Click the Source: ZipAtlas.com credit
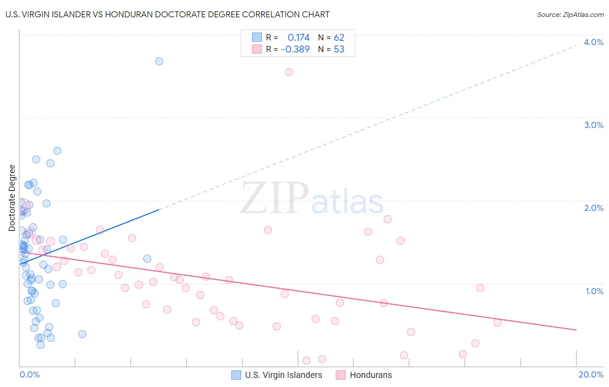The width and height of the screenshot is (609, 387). (570, 15)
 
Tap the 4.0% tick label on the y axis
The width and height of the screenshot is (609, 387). (593, 42)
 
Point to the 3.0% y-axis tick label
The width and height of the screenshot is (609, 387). (593, 125)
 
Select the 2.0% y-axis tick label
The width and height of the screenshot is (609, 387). (593, 208)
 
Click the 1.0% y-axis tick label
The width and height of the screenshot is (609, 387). (594, 291)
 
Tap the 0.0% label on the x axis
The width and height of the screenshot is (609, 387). (29, 374)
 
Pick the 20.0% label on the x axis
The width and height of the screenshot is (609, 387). (591, 374)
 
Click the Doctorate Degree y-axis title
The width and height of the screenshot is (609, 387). (12, 198)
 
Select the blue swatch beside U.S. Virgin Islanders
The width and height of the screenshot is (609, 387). (236, 375)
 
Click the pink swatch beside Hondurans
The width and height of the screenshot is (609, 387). (341, 375)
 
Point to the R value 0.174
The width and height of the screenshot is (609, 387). (298, 38)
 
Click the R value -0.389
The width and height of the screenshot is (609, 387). (295, 49)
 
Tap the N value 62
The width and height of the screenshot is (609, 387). (339, 38)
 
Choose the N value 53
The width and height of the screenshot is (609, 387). (339, 49)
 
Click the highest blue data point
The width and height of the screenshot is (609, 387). (159, 61)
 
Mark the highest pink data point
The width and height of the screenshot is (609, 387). (289, 72)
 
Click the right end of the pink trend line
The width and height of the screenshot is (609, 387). (576, 330)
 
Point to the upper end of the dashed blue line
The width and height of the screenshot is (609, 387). (577, 45)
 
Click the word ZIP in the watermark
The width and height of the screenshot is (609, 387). (275, 198)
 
